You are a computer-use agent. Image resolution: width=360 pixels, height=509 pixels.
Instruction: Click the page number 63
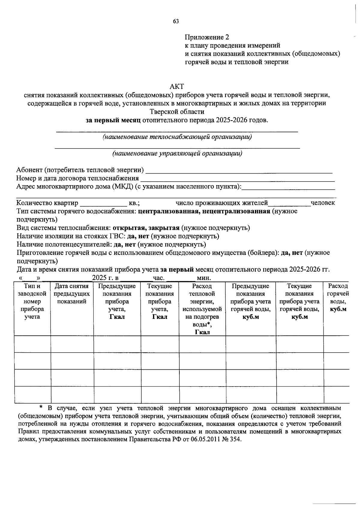pos(176,21)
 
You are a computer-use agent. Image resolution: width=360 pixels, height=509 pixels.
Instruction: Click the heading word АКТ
pos(177,87)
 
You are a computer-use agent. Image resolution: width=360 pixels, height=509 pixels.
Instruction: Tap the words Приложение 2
pos(207,37)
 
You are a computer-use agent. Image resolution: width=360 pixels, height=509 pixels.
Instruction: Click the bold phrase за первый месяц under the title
pos(113,120)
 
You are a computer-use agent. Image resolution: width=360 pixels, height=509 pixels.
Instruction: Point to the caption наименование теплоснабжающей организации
pos(177,137)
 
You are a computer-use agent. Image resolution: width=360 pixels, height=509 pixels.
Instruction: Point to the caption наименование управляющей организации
pos(177,154)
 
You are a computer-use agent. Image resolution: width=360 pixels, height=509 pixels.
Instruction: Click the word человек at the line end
pos(323,203)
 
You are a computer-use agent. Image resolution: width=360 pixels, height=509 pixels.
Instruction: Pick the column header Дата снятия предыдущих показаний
pos(72,294)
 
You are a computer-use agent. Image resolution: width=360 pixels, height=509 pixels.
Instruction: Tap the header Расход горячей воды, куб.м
pos(338,298)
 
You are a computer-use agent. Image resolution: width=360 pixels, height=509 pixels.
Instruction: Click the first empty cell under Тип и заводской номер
pos(32,344)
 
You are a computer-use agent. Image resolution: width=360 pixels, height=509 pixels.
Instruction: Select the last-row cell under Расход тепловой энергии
pos(202,394)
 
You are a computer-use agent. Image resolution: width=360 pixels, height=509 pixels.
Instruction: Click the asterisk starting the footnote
pos(41,408)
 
